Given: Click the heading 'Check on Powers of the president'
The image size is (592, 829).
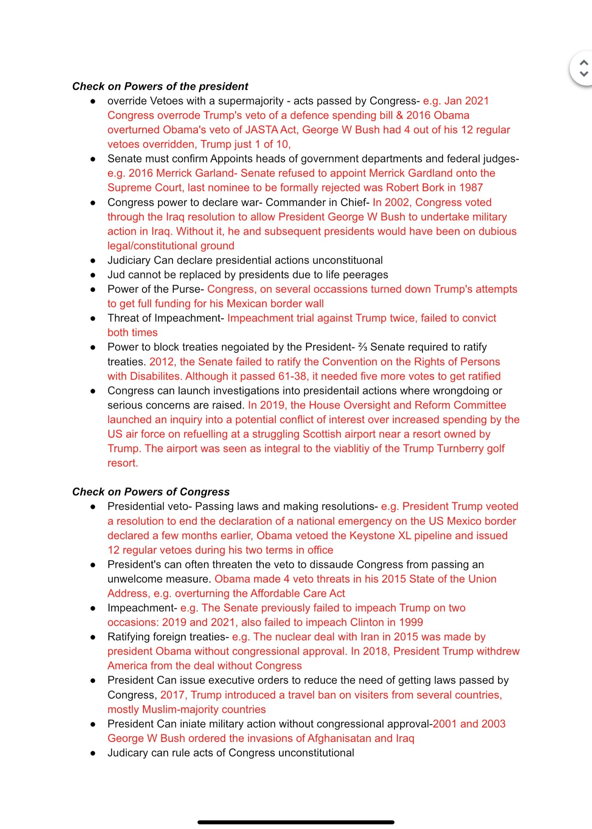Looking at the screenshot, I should [160, 87].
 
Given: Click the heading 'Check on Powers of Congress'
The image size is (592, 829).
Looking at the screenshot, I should [151, 492].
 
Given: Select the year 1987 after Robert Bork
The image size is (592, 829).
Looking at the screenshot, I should [471, 188].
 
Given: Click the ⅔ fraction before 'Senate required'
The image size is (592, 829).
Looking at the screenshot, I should [363, 347].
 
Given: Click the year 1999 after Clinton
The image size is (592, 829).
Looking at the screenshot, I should [411, 622].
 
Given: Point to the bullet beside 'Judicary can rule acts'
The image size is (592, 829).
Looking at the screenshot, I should [93, 753].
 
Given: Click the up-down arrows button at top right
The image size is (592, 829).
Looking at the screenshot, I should [584, 68].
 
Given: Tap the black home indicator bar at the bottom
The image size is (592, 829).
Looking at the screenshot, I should [296, 822].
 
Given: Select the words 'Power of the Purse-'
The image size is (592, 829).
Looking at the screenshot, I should [156, 289].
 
